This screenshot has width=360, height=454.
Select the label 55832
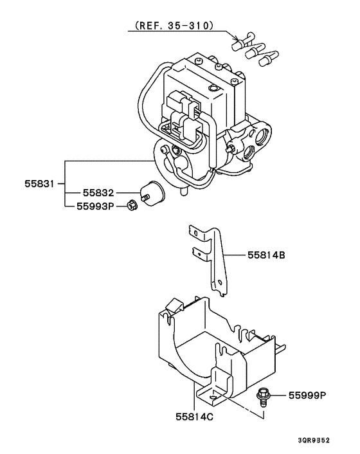(98, 193)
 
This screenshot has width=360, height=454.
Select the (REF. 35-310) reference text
(174, 26)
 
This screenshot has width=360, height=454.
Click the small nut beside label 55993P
(131, 206)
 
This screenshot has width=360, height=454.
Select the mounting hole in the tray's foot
(222, 396)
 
